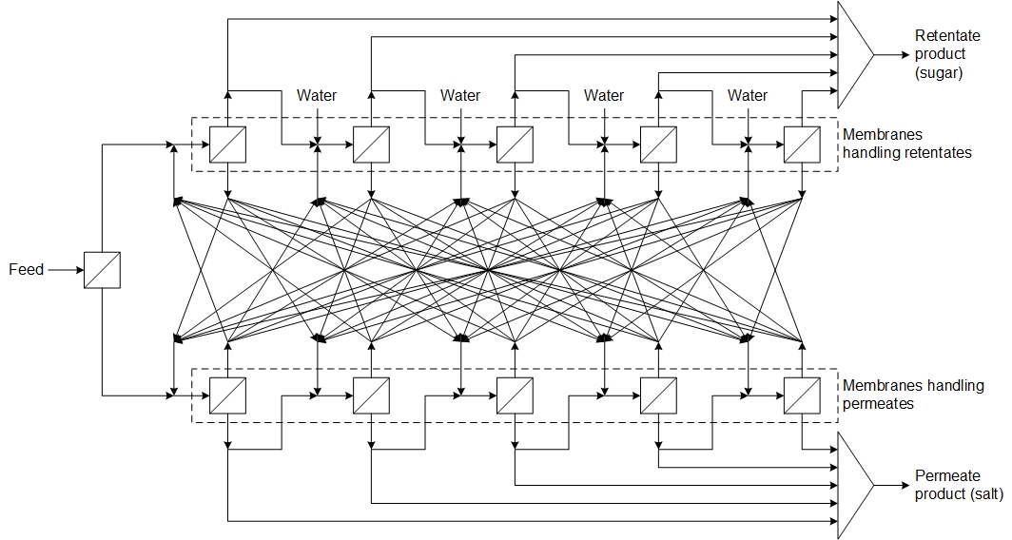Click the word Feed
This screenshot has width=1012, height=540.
[x=26, y=270]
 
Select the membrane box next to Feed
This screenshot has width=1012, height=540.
[x=102, y=270]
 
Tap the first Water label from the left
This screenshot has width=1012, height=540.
[x=317, y=95]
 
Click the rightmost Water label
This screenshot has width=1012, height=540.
[x=748, y=95]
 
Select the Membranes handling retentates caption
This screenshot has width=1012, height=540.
[x=906, y=144]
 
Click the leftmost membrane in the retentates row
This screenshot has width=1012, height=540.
[x=228, y=145]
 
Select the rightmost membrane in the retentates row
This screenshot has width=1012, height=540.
[x=802, y=145]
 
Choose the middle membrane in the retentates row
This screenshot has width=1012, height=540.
[x=515, y=145]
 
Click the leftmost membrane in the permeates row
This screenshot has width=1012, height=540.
[x=228, y=395]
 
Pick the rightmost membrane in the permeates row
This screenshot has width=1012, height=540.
[x=802, y=395]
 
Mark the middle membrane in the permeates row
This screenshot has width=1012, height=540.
[x=515, y=395]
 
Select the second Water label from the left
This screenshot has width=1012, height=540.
[x=460, y=95]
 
